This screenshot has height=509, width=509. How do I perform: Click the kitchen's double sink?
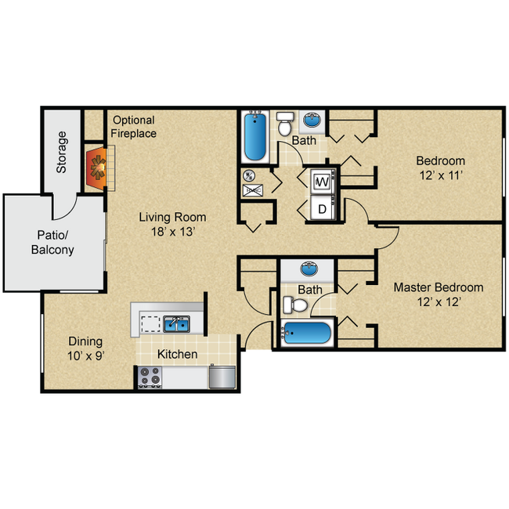[x=176, y=323]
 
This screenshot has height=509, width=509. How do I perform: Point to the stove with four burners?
[x=149, y=378]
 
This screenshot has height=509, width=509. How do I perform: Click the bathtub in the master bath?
[x=306, y=334]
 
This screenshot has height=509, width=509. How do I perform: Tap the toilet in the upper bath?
[x=286, y=124]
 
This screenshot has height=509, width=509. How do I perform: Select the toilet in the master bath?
[x=295, y=303]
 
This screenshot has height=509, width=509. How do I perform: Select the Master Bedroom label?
[x=438, y=287]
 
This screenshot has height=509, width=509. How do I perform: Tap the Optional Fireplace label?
[x=134, y=127]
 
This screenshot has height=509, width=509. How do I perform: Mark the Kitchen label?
[x=178, y=355]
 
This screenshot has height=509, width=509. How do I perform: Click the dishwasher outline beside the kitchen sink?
[x=149, y=323]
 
